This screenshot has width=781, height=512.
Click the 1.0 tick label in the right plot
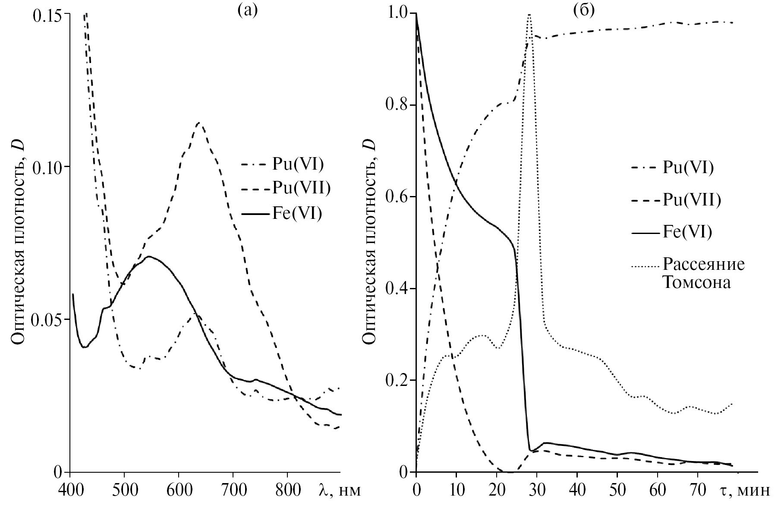coord(396,14)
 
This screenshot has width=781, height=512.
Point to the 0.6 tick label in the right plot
coord(396,197)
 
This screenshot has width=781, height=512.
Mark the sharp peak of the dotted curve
coord(529,15)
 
